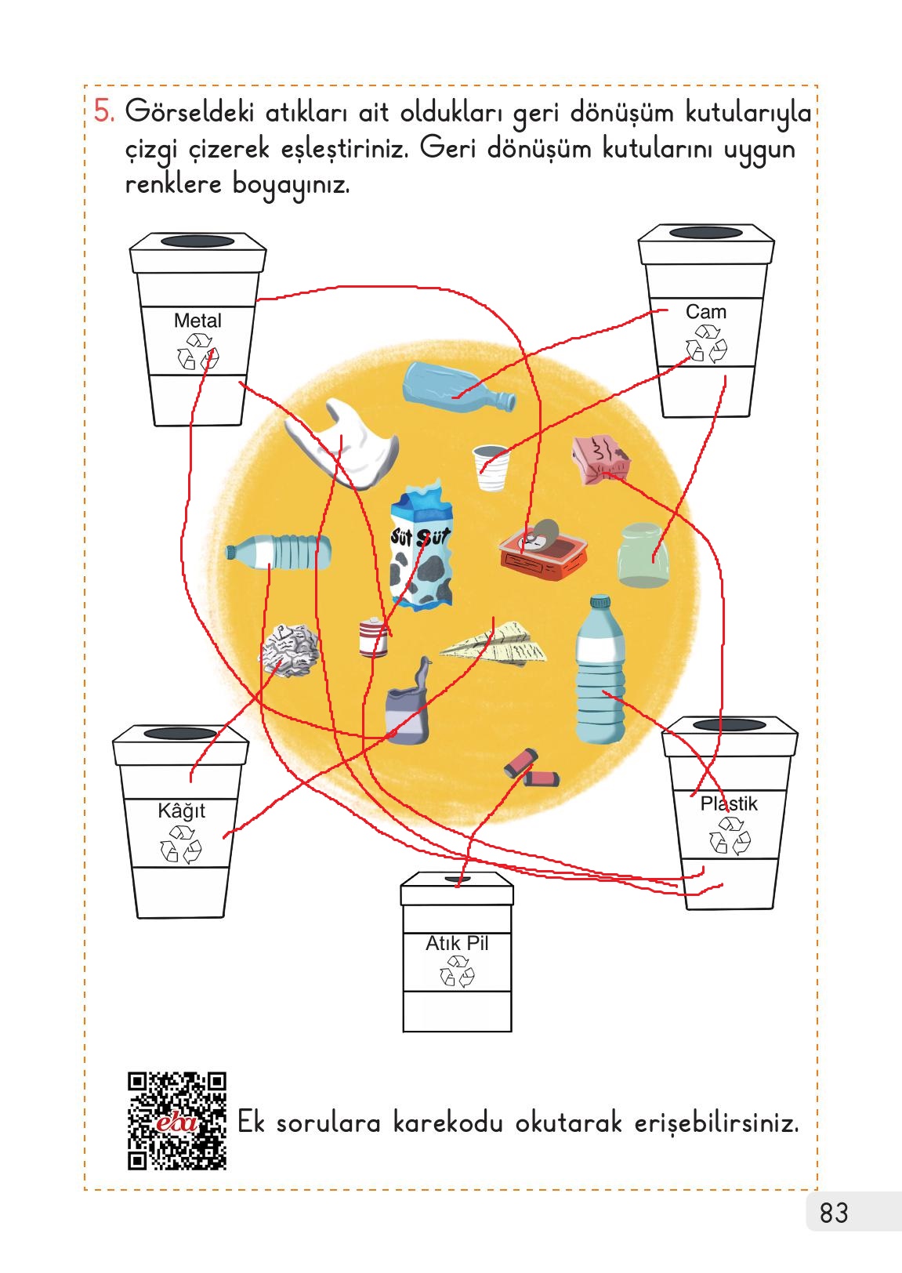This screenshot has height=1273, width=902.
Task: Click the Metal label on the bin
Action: point(197,321)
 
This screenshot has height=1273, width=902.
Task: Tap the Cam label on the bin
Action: point(706,312)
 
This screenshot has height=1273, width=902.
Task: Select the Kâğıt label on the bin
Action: point(181,811)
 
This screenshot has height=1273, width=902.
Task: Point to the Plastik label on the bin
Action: point(729,803)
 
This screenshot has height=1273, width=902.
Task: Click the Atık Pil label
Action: point(457,943)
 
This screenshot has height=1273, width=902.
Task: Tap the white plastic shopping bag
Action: point(340,444)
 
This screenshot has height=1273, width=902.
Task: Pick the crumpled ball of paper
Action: point(288,651)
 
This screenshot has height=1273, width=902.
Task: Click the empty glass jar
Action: point(643,555)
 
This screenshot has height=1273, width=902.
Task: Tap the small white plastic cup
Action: point(491,467)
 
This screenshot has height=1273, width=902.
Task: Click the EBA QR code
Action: point(177,1121)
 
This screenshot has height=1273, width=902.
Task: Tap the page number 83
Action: point(834,1213)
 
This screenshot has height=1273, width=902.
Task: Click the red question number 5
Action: point(103,111)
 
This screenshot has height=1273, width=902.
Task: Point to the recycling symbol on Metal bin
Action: point(197,352)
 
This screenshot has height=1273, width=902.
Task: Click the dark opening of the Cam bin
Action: point(706,233)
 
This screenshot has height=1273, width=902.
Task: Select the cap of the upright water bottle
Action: point(600,603)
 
